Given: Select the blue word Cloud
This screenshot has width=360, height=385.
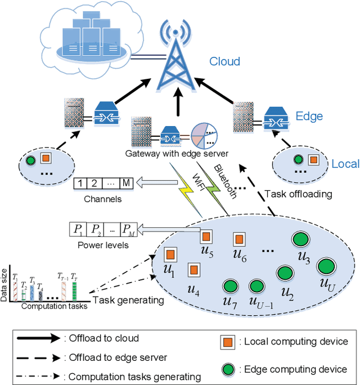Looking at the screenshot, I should coord(224,61).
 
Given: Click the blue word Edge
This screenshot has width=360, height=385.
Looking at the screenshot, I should coord(309,116).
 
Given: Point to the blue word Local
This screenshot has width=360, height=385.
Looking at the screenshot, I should coord(345,164).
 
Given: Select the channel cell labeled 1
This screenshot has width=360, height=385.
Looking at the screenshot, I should coord(82,183).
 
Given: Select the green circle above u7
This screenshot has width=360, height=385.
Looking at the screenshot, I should coord(229,286).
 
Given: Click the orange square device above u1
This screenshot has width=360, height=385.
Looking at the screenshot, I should coord(170,253).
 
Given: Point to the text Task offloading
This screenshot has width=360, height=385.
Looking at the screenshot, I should coord(299,193).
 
